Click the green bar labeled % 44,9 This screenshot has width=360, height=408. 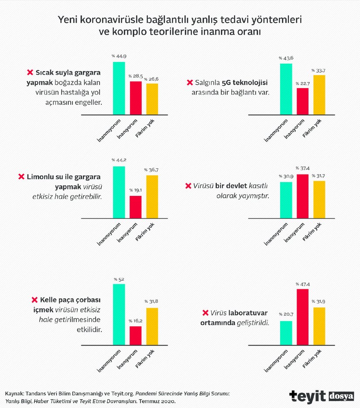click(x=119, y=88)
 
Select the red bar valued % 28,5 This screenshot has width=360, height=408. click(x=135, y=98)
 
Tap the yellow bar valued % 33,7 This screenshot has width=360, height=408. click(x=319, y=95)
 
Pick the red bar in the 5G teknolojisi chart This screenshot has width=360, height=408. click(x=302, y=102)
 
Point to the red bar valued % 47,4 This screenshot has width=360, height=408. click(x=302, y=317)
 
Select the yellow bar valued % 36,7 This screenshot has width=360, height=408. click(x=152, y=196)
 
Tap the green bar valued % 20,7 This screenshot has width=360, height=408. click(x=286, y=333)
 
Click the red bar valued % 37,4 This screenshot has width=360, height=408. click(x=302, y=196)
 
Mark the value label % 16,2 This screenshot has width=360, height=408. click(x=135, y=321)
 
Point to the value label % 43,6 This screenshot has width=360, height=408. click(x=286, y=58)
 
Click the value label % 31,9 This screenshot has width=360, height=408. click(x=319, y=302)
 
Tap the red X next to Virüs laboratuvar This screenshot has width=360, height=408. click(x=205, y=312)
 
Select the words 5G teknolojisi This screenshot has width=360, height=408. click(x=245, y=82)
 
